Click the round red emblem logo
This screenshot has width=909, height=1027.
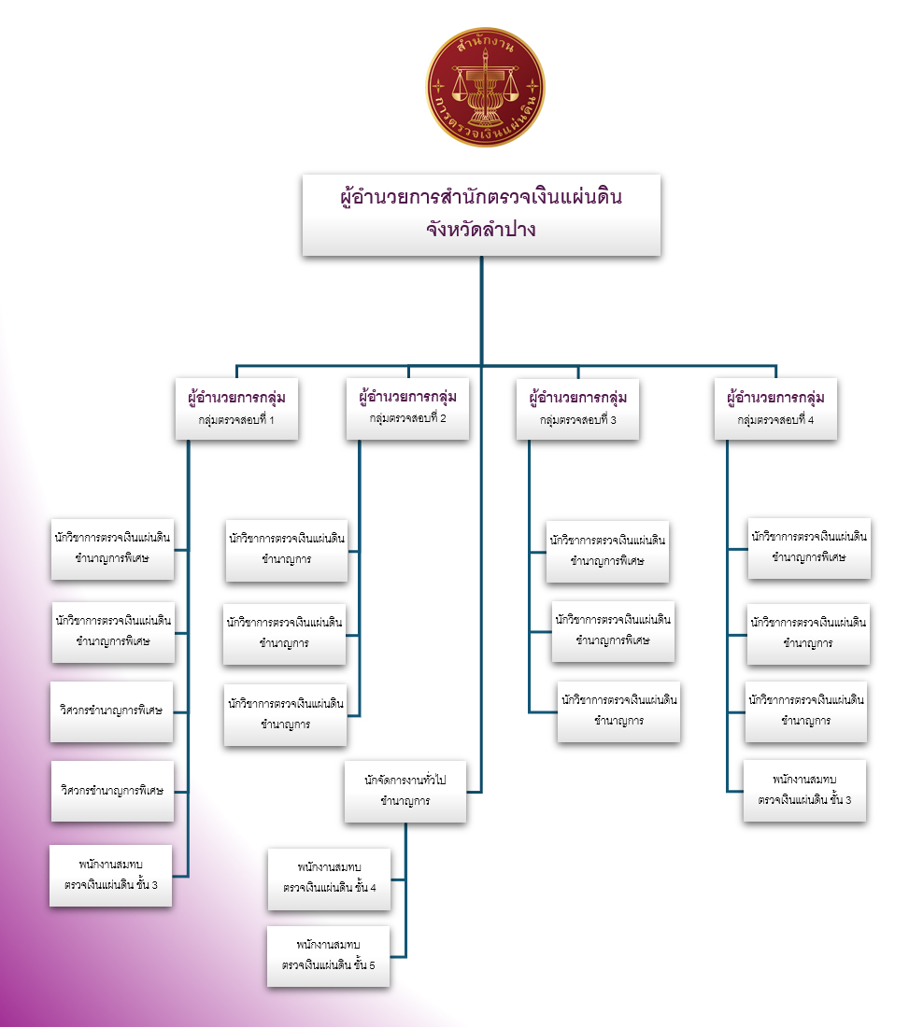click(485, 87)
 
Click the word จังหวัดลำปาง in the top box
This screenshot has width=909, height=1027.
click(480, 229)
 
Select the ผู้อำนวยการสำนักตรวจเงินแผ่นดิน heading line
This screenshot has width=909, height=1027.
click(480, 198)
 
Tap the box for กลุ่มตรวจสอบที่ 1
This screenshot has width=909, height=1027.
click(235, 408)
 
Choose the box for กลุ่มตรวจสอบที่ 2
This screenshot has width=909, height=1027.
click(407, 408)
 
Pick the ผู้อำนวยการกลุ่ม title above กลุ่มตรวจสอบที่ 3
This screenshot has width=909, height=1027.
click(577, 397)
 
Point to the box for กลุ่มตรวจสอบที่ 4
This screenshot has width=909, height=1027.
click(775, 408)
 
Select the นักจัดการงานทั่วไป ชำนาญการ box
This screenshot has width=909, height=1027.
click(405, 789)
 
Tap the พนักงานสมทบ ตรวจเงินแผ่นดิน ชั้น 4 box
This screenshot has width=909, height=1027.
click(329, 878)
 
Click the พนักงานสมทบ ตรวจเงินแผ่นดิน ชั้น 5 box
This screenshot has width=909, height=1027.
click(328, 956)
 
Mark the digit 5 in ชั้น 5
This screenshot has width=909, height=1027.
click(371, 966)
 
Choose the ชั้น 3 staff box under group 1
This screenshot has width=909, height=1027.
click(111, 875)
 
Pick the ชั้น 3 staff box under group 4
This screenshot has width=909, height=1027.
click(804, 790)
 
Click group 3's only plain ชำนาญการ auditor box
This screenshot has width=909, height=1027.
click(618, 711)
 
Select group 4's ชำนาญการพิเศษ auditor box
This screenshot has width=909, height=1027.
click(809, 547)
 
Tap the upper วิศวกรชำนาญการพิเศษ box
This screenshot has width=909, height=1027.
click(111, 710)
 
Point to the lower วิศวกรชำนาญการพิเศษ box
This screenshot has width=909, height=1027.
click(112, 790)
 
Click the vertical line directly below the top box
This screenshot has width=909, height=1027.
click(481, 308)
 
